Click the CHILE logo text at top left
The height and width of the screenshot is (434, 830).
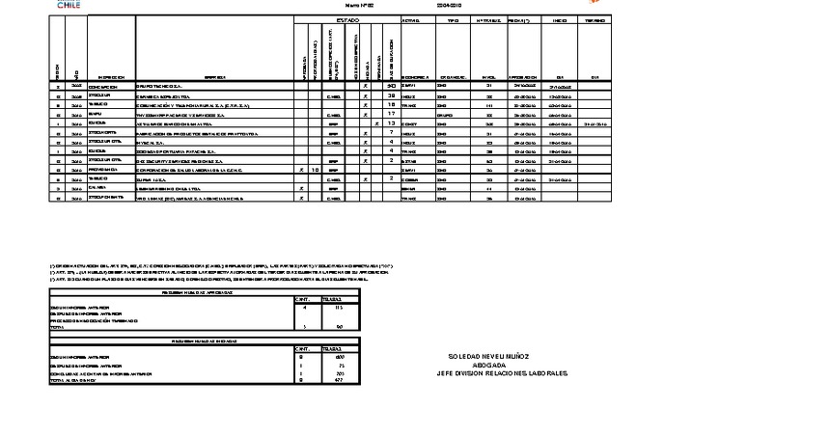point(69,6)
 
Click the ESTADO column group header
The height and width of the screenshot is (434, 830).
point(346,19)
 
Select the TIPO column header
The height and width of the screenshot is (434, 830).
point(447,19)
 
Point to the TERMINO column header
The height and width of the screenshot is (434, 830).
point(595,19)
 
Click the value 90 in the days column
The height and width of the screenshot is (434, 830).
point(392,87)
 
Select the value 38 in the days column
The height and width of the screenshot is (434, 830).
point(392,96)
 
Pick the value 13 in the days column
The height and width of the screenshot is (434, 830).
point(392,123)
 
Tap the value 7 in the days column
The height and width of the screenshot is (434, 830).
point(392,132)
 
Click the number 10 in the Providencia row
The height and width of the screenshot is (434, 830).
point(316,169)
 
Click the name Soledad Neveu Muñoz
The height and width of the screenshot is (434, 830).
point(488,356)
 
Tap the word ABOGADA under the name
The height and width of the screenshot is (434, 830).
point(487,364)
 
